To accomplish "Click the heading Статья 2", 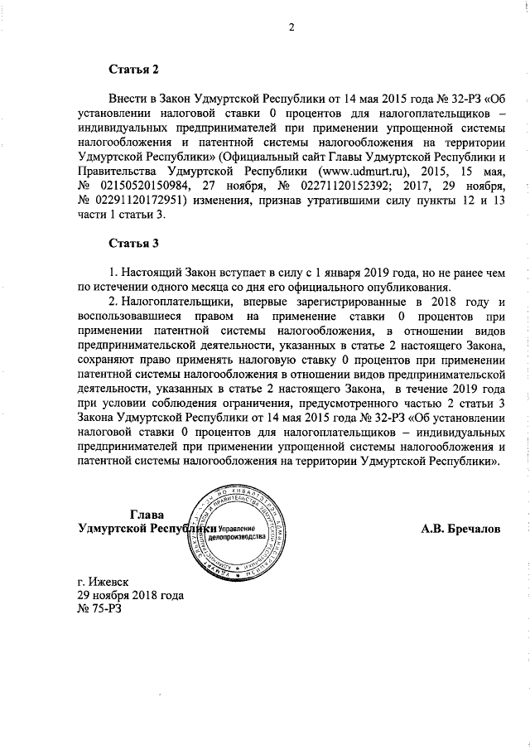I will point(132,69).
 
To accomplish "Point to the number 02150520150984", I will point(137,188).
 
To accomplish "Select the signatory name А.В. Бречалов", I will point(461,528).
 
